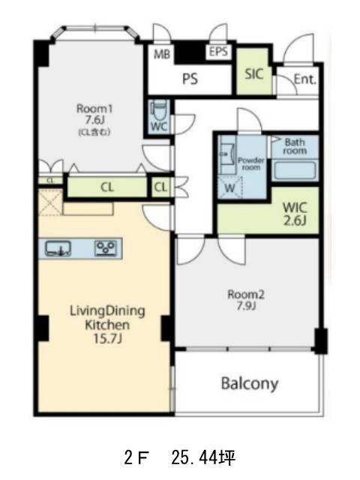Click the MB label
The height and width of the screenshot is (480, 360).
(x=162, y=54)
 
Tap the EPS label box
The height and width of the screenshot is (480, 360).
(x=218, y=52)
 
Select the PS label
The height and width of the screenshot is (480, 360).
(x=190, y=79)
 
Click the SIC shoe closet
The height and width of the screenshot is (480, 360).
(x=253, y=71)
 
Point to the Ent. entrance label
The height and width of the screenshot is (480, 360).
(x=305, y=79)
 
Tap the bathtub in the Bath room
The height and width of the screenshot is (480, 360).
(x=295, y=170)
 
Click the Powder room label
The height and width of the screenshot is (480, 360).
(x=251, y=163)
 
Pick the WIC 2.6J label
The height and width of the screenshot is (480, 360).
(x=295, y=214)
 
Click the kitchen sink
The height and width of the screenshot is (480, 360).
(x=58, y=248)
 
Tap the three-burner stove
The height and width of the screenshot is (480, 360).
(x=106, y=248)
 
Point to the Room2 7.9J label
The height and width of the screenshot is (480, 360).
(x=246, y=300)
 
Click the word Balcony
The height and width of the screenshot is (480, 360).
(x=250, y=384)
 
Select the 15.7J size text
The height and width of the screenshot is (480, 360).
(x=107, y=338)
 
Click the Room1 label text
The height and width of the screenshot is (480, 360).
(x=94, y=109)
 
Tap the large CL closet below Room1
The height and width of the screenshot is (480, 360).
(x=106, y=187)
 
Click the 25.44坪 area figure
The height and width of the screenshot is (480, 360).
(x=203, y=458)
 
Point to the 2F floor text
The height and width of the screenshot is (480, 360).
(x=136, y=458)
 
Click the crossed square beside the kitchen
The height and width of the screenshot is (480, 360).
(x=50, y=202)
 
